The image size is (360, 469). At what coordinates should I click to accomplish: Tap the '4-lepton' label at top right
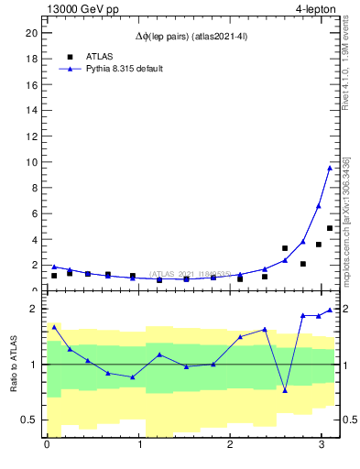click(x=316, y=8)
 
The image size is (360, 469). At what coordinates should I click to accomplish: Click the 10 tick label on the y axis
click(x=30, y=162)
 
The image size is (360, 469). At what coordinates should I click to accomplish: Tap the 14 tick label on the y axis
click(x=30, y=111)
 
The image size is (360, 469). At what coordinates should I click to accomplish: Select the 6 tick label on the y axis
click(x=33, y=214)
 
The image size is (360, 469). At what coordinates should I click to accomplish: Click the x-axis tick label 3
click(x=322, y=446)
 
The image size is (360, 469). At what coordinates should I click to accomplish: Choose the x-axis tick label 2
click(x=230, y=446)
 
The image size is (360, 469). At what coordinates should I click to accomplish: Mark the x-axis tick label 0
click(x=47, y=446)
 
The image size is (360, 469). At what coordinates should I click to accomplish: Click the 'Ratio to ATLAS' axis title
click(x=14, y=365)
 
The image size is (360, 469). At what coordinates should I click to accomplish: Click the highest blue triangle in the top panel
click(x=330, y=167)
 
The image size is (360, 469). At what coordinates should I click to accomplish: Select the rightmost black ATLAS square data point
click(x=330, y=228)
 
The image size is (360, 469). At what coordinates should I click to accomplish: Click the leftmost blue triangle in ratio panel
click(x=54, y=326)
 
